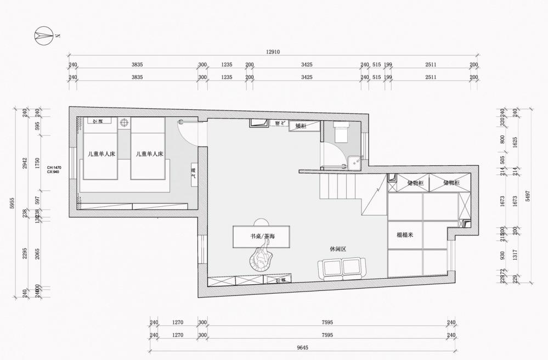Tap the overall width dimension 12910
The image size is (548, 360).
273,52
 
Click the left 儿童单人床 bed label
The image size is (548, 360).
101,154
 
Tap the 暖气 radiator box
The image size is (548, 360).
193,175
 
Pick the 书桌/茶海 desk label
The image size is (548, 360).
262,236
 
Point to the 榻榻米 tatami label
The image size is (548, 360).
405,235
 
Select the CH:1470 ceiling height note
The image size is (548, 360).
53,167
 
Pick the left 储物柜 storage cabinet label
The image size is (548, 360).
415,182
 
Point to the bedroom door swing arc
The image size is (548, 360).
185,130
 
